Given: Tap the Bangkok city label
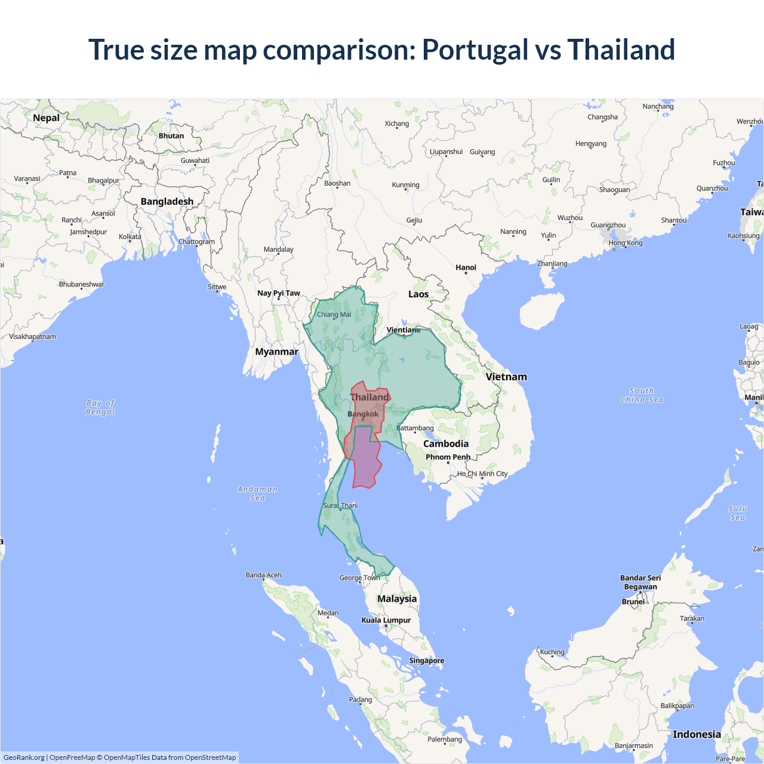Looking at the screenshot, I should pyautogui.click(x=363, y=414).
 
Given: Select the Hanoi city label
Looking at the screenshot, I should pyautogui.click(x=466, y=267).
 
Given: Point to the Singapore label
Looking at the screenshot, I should pyautogui.click(x=426, y=661).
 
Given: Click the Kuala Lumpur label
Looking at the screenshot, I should pyautogui.click(x=386, y=620).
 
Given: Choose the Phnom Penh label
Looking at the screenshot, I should pyautogui.click(x=448, y=457).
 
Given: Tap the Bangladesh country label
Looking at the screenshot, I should pyautogui.click(x=167, y=202).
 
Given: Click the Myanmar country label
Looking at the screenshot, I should pyautogui.click(x=276, y=352).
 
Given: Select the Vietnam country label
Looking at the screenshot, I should pyautogui.click(x=506, y=377).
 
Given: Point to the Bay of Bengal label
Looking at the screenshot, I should pyautogui.click(x=100, y=408).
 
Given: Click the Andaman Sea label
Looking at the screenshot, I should pyautogui.click(x=257, y=494).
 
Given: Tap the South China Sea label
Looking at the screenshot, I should pyautogui.click(x=642, y=395).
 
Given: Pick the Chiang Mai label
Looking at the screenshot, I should pyautogui.click(x=334, y=315).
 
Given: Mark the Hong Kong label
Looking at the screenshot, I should pyautogui.click(x=626, y=243).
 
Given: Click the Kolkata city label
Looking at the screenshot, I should pyautogui.click(x=130, y=237).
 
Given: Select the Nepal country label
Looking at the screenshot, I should pyautogui.click(x=46, y=118).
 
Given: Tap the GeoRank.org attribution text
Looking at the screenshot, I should pyautogui.click(x=24, y=757).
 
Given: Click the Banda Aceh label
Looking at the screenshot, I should pyautogui.click(x=263, y=575).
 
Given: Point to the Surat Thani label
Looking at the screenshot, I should pyautogui.click(x=340, y=506).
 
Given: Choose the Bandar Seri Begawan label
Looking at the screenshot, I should pyautogui.click(x=640, y=582).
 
